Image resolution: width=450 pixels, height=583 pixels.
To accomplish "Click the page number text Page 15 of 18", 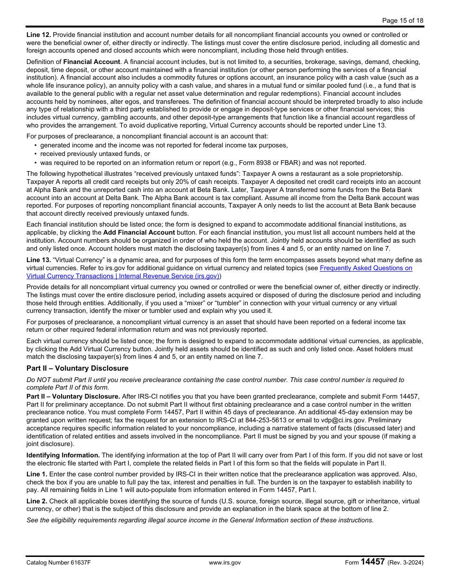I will click(403, 20).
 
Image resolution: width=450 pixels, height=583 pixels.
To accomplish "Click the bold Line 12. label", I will click(38, 35).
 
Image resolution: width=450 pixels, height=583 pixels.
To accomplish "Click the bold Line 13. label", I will click(38, 260).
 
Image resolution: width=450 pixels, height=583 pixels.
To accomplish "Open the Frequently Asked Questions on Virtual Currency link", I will click(366, 268).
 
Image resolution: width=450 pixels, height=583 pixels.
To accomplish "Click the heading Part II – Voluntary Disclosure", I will click(77, 368).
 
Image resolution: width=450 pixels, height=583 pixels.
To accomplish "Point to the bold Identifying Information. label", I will click(63, 455).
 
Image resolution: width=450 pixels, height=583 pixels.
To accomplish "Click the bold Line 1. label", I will click(36, 474).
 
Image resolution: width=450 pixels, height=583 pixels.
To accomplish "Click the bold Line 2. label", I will click(36, 501).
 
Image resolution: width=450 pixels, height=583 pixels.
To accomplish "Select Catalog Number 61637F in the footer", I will click(58, 563).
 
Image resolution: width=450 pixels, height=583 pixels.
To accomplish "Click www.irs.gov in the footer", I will click(225, 563).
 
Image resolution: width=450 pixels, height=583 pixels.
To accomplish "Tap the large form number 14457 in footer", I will click(372, 562).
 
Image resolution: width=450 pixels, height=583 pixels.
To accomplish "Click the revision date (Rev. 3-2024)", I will click(405, 563).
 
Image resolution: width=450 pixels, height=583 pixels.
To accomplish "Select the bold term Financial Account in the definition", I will click(91, 62).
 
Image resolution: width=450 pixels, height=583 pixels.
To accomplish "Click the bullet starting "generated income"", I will click(163, 146).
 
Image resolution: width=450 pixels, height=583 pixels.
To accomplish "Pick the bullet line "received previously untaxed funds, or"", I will click(95, 154).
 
